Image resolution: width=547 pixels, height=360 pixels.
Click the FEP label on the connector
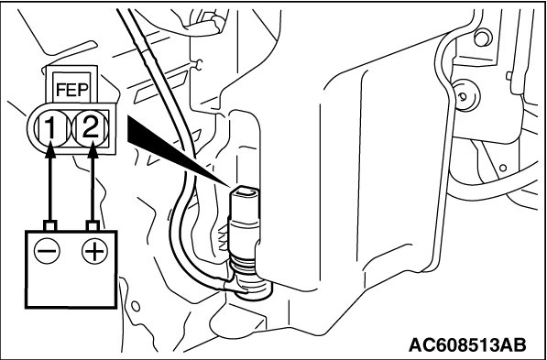click(x=71, y=91)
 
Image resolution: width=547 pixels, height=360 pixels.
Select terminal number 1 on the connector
click(x=51, y=128)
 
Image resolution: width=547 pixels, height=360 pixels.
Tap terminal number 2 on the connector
click(x=91, y=128)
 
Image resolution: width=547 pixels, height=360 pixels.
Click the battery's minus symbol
click(x=47, y=251)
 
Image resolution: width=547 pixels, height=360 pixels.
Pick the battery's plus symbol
click(x=94, y=251)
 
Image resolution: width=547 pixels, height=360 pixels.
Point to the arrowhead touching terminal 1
click(x=50, y=151)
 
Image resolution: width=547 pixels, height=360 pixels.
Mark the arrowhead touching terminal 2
click(x=93, y=151)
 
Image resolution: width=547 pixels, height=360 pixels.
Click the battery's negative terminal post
click(x=49, y=225)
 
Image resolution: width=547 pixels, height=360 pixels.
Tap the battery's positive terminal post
click(x=93, y=225)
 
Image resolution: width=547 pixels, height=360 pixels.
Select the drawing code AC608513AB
click(x=467, y=344)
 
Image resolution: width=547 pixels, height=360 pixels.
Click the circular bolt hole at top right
click(x=483, y=38)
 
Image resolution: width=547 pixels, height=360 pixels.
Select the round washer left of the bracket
click(x=465, y=95)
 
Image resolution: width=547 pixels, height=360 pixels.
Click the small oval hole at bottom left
click(x=136, y=306)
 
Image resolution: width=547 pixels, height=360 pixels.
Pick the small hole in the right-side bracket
click(x=503, y=168)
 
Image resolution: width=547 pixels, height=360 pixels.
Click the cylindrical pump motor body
click(x=245, y=228)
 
